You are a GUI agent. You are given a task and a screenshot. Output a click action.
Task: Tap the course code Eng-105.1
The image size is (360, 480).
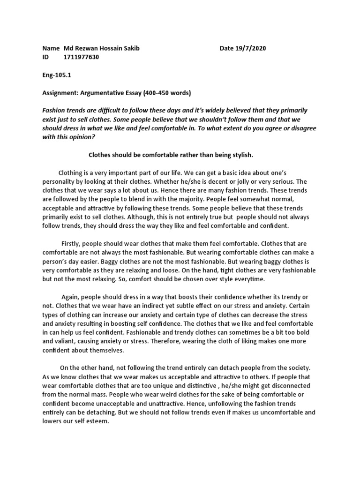coord(57,75)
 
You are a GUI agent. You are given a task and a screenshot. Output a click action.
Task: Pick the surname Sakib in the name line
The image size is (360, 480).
coord(130,49)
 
